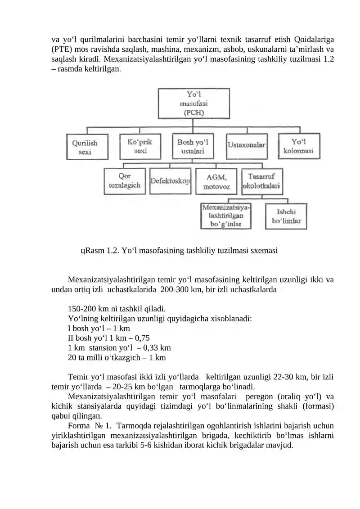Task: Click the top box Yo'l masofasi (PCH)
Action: click(194, 103)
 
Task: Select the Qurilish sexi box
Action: click(87, 147)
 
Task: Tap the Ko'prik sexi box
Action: click(140, 146)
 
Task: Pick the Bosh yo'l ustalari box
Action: click(193, 146)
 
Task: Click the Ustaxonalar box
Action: click(247, 146)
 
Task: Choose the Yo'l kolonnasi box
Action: click(299, 146)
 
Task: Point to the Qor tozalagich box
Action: click(125, 181)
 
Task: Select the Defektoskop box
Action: click(171, 181)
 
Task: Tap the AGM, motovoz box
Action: click(216, 181)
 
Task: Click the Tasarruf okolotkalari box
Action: click(262, 181)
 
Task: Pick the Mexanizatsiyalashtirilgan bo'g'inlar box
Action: click(226, 216)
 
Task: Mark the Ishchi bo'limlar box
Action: click(286, 216)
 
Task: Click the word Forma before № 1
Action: click(79, 426)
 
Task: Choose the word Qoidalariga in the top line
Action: click(314, 40)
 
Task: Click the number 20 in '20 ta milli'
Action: click(72, 357)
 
